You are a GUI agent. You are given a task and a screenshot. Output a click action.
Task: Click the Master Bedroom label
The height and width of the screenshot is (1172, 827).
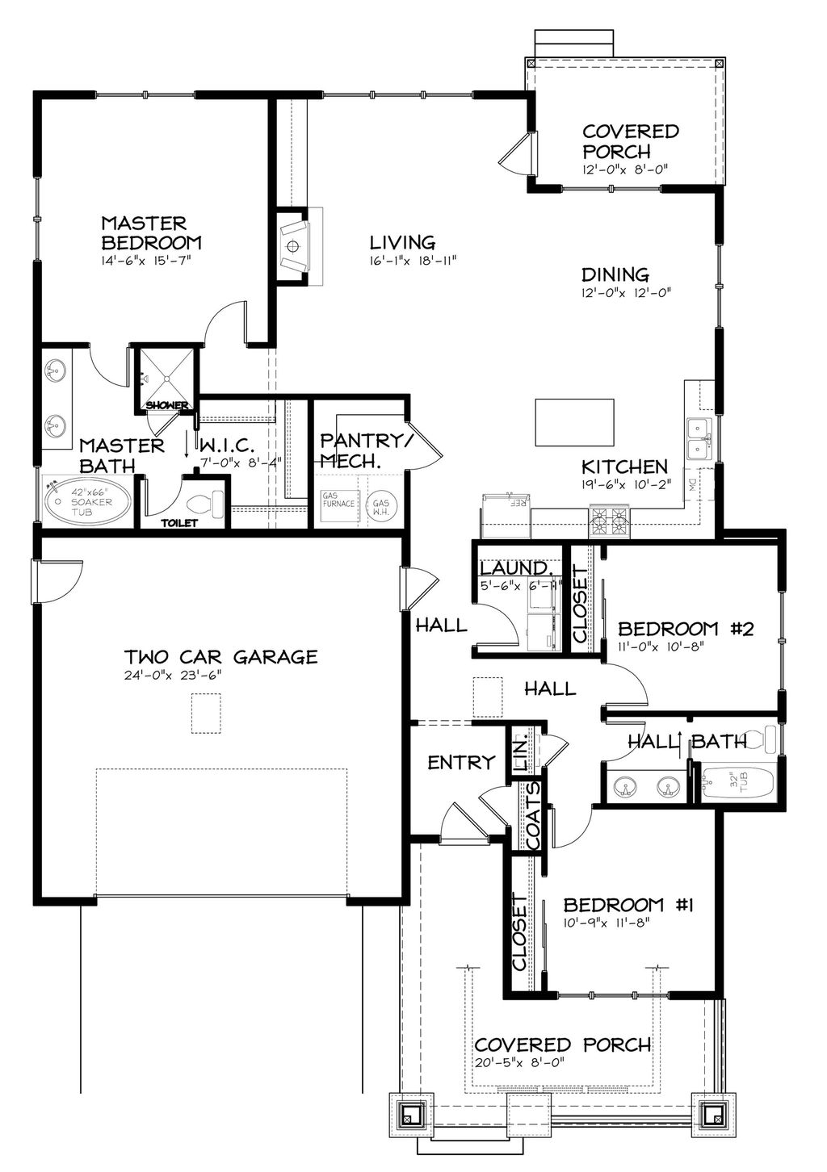click(151, 232)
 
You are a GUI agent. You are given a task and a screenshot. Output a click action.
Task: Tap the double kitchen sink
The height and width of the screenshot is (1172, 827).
click(697, 439)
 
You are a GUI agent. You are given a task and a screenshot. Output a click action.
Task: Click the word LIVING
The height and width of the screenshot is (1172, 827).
click(402, 242)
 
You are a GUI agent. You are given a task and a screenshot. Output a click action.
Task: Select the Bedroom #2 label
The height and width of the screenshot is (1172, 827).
click(685, 628)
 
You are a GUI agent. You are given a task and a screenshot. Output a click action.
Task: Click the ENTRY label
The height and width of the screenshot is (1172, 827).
click(460, 762)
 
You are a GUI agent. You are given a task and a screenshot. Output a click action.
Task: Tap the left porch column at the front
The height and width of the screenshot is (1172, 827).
click(410, 1115)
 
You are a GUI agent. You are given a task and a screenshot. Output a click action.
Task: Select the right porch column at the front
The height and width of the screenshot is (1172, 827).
click(712, 1115)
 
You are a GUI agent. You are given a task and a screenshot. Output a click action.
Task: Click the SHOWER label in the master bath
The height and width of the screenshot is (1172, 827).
click(167, 404)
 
